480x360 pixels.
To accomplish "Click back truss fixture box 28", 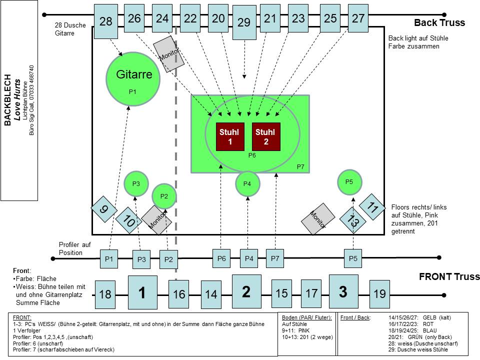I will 106,21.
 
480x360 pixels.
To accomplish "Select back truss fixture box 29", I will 244,22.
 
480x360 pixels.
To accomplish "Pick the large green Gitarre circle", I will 132,77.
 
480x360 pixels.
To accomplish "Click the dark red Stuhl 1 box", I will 229,136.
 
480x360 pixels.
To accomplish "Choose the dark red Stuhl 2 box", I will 265,136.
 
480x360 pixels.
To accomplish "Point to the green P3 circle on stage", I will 136,183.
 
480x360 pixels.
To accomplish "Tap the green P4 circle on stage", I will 247,183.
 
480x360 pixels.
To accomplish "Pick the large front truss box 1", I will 142,292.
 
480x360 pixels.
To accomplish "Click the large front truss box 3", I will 343,291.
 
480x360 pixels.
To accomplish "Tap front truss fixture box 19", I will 380,293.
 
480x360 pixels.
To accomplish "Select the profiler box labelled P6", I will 221,258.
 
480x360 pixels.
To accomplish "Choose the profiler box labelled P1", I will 109,259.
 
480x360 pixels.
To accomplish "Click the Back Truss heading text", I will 439,22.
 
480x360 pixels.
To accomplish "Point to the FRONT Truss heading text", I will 449,276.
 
